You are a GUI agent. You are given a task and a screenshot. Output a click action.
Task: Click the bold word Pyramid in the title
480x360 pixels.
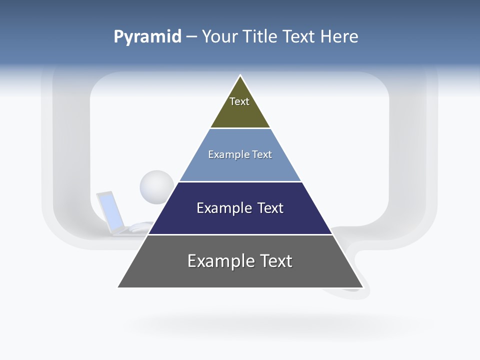tap(147, 36)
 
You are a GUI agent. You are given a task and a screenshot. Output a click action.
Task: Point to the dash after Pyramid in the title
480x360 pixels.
tap(191, 37)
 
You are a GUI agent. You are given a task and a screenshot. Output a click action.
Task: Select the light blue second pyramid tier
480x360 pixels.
tap(240, 167)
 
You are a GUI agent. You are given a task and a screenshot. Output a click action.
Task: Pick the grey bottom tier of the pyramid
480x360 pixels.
tap(240, 275)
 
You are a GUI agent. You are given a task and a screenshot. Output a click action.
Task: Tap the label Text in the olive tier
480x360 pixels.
tap(239, 101)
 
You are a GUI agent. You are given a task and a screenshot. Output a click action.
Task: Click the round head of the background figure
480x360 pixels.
tap(156, 186)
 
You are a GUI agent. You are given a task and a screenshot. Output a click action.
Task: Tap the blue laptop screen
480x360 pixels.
tap(111, 210)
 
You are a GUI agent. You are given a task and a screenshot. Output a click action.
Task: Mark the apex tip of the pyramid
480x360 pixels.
tap(240, 76)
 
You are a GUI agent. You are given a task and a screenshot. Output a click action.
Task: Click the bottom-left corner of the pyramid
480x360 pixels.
tap(119, 286)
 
